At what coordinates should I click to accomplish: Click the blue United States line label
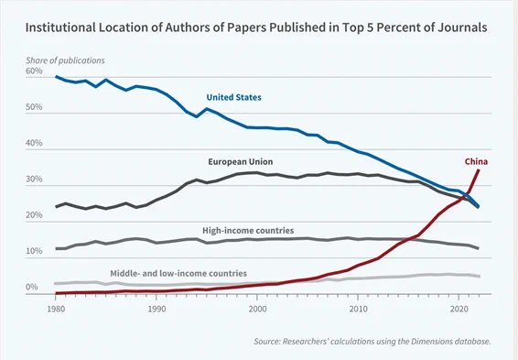coord(233,97)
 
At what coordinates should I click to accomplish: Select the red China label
coord(476,161)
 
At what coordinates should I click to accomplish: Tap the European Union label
coord(241,161)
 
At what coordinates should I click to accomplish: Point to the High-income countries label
coord(248,231)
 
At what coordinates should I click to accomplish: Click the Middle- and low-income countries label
coord(178,273)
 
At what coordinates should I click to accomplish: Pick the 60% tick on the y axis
coord(34,71)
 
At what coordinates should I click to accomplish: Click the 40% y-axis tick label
coord(34,143)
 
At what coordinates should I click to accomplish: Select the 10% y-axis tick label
coord(34,251)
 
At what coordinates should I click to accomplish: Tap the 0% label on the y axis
coord(32,287)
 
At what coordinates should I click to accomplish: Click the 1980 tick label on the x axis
coord(56,309)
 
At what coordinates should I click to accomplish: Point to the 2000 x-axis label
coord(257,309)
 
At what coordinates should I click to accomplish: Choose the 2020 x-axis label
coord(459,309)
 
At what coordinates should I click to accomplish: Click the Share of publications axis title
coord(65,60)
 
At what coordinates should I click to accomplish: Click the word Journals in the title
coord(462,27)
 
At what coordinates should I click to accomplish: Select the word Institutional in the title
coord(60,27)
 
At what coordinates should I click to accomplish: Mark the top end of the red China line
coord(479,169)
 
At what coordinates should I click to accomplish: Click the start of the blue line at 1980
coord(56,76)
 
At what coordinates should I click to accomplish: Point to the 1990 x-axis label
coord(156,309)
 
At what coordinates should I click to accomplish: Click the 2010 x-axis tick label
coord(358,309)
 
